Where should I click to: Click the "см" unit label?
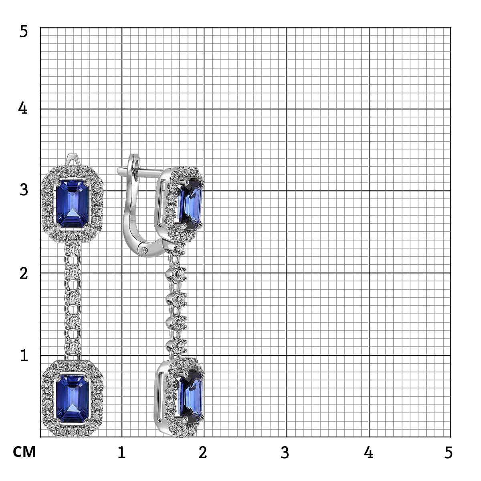pyautogui.click(x=24, y=452)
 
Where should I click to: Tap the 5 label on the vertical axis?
pyautogui.click(x=24, y=32)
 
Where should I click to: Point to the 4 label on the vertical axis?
pyautogui.click(x=23, y=108)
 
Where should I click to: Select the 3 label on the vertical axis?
pyautogui.click(x=24, y=190)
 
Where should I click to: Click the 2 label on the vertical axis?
pyautogui.click(x=24, y=273)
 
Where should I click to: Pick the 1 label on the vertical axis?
pyautogui.click(x=24, y=356)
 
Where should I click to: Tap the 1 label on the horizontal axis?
pyautogui.click(x=121, y=452)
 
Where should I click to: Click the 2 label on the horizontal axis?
pyautogui.click(x=203, y=452)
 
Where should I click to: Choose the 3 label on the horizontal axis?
pyautogui.click(x=285, y=452)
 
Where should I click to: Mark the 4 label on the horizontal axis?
pyautogui.click(x=368, y=452)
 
